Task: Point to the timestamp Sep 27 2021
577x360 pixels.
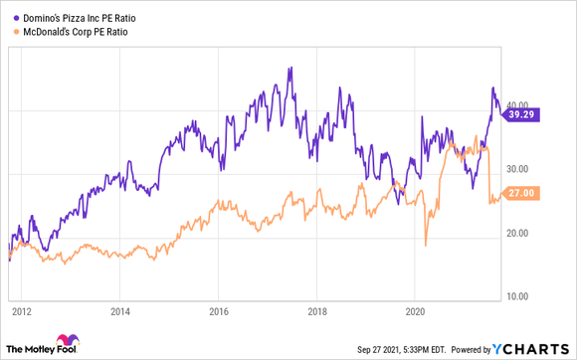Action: point(382,349)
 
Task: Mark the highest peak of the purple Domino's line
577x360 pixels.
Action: point(289,68)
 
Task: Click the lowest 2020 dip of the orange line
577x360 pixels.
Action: point(425,245)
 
